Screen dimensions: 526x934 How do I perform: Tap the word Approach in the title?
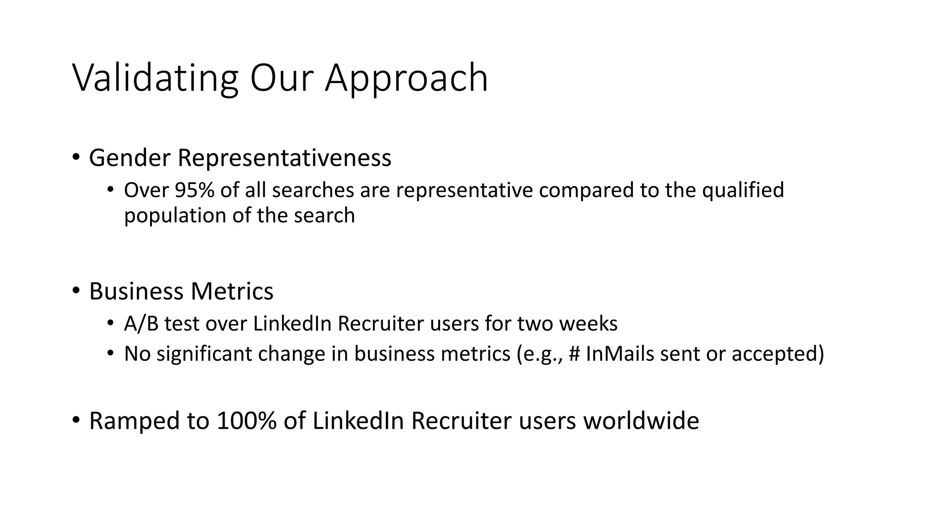point(406,79)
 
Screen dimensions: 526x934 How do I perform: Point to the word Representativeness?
point(284,158)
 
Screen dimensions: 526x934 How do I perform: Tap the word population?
point(175,216)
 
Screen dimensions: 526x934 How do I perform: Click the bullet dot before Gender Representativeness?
point(76,157)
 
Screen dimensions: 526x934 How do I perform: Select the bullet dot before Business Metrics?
point(76,290)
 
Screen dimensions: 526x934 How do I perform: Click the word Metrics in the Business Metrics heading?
point(232,291)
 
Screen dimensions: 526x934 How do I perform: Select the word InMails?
point(620,354)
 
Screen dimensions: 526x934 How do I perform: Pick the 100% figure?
point(246,421)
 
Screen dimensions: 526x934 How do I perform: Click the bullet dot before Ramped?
point(76,420)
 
